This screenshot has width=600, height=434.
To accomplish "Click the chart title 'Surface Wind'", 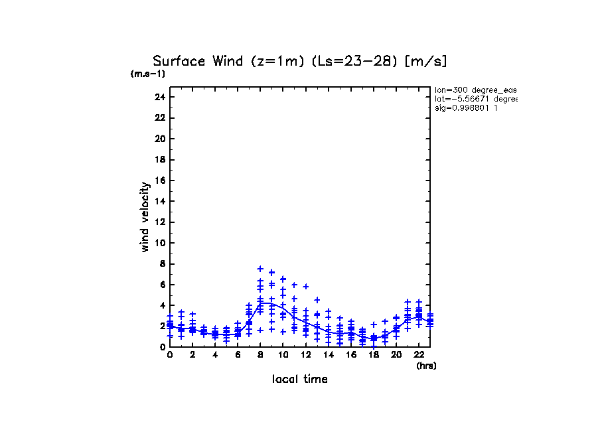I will [x=198, y=62].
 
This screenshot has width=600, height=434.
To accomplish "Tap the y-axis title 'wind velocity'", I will [x=145, y=217].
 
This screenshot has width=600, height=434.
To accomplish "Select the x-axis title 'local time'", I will [x=300, y=380].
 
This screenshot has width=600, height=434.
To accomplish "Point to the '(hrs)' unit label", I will [x=426, y=366].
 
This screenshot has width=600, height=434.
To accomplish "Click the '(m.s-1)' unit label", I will [x=148, y=74].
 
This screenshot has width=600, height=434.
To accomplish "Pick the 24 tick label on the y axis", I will [x=159, y=97].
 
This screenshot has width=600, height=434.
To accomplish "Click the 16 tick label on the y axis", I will [x=159, y=181].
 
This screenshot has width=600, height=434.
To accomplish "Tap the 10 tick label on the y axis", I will [x=159, y=243].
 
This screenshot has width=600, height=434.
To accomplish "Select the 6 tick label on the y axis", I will [x=162, y=285].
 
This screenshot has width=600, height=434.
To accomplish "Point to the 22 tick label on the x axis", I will [x=419, y=355].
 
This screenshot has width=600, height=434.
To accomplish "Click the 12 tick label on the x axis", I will [x=305, y=355].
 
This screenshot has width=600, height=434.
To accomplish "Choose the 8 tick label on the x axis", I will [x=260, y=355].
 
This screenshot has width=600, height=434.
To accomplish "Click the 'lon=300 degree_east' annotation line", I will [x=475, y=90].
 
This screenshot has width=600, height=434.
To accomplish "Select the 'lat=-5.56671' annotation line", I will [x=475, y=99].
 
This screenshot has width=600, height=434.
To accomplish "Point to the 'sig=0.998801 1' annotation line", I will [x=467, y=108].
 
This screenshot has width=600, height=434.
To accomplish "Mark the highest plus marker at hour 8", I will [x=260, y=269].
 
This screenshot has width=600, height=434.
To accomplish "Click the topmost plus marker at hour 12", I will [x=305, y=287].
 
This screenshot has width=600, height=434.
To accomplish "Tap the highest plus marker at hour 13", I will [x=317, y=300].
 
